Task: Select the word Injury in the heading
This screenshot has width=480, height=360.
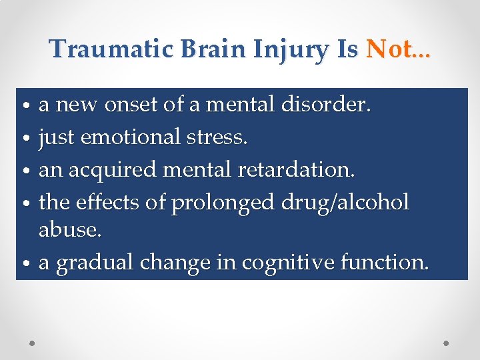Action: pos(280,50)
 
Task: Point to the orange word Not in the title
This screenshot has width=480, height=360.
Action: pos(389,49)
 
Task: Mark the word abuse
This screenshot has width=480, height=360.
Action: pos(69,230)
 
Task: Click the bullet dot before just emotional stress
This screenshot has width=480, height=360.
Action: pos(25,139)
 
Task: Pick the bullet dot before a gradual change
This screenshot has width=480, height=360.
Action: pos(25,265)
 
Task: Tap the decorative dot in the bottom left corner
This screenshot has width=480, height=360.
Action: pos(33,343)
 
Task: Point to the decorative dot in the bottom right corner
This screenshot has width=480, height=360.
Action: pos(446,343)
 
